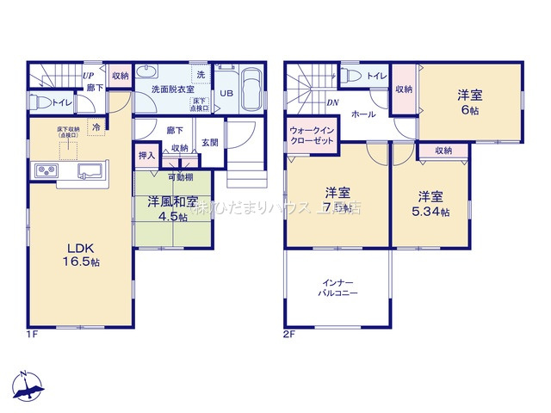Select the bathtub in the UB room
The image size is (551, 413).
[x=253, y=89]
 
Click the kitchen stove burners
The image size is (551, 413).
[x=44, y=173]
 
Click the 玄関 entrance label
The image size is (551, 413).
[x=209, y=142]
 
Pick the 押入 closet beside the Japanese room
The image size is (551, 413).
[x=146, y=156]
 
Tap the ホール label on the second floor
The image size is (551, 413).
[x=362, y=114]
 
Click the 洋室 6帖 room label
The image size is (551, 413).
[x=469, y=102]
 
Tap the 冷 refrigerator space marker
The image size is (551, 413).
[x=96, y=126]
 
